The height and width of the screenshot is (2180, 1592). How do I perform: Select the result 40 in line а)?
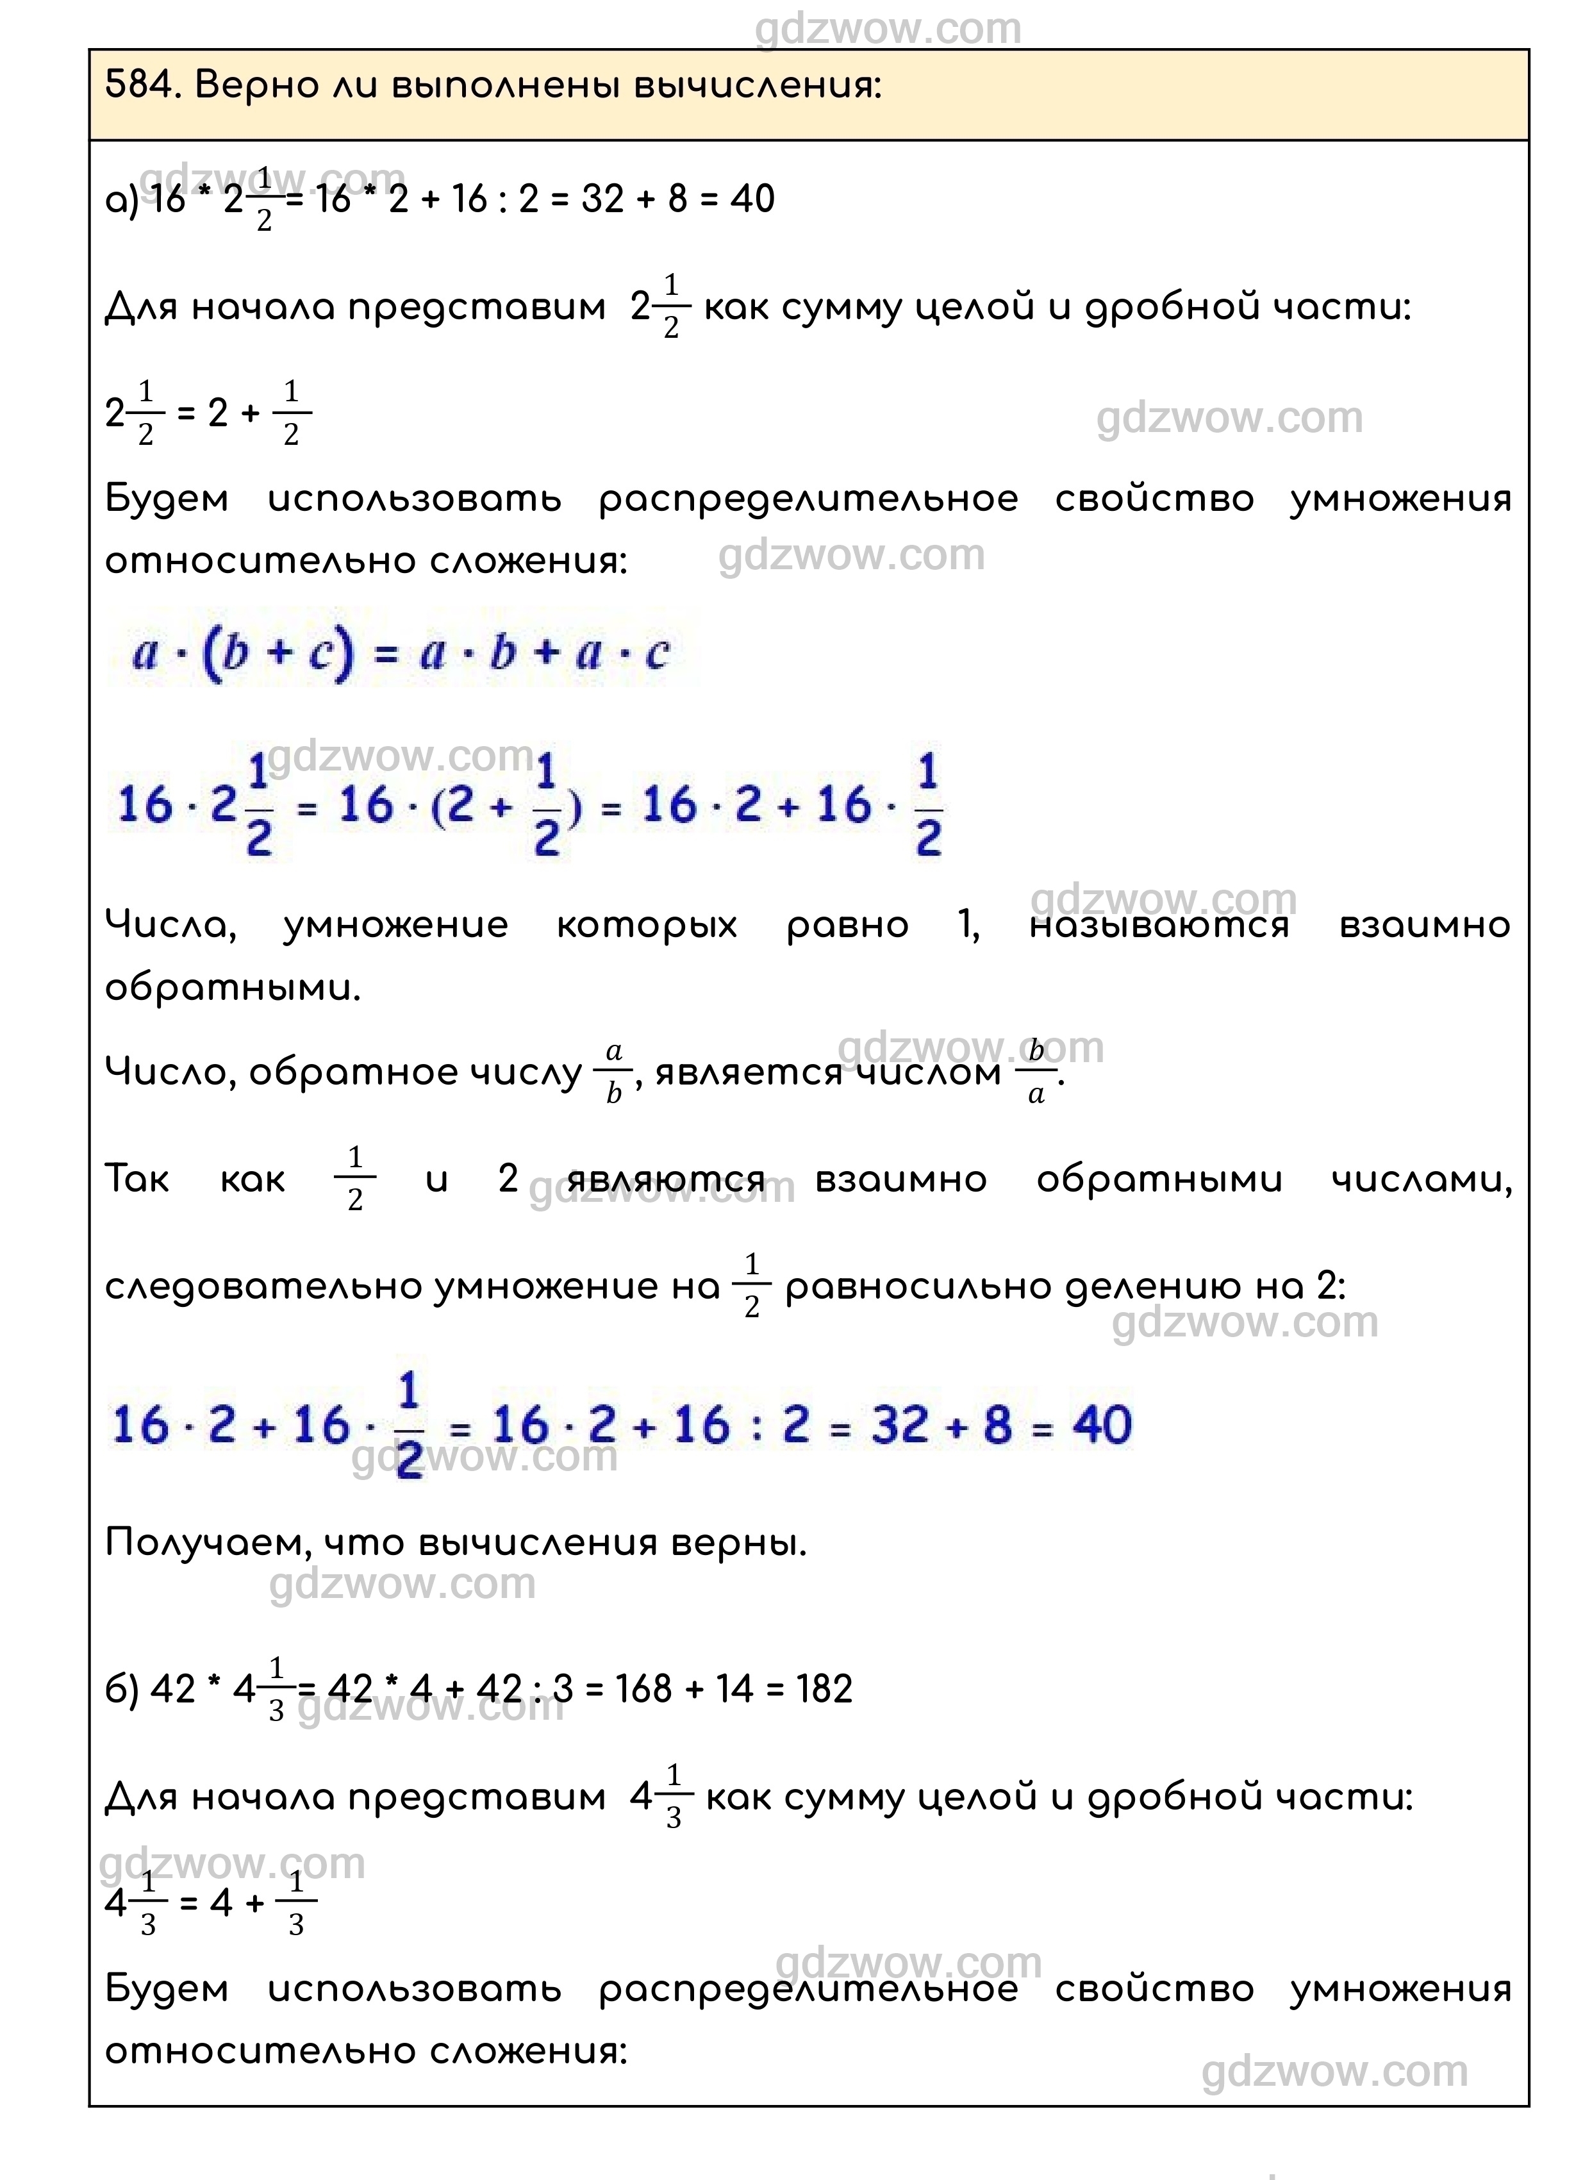[x=752, y=199]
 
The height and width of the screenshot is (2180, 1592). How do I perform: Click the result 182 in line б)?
[x=824, y=1690]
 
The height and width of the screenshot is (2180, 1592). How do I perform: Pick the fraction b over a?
[x=1036, y=1072]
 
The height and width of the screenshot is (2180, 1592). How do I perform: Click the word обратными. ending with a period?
[x=232, y=988]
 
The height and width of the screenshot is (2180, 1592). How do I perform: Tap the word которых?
[x=647, y=925]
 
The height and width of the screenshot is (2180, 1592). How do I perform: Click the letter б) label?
[x=121, y=1690]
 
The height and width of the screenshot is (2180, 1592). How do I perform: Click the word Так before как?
[x=137, y=1179]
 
